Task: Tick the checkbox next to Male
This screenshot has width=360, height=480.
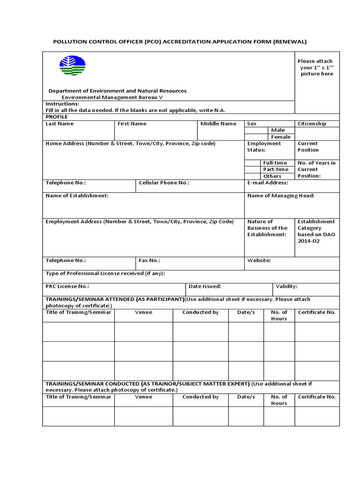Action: [257, 130]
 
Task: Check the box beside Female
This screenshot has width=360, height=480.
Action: [257, 137]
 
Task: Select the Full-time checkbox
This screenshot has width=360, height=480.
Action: [253, 163]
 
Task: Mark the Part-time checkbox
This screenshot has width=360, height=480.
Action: [253, 169]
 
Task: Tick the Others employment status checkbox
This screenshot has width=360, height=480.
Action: [253, 176]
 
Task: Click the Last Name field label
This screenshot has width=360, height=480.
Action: [60, 124]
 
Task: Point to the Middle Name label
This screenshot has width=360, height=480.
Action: [218, 124]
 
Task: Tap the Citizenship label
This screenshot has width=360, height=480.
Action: [312, 124]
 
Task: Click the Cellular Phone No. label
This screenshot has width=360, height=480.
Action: [164, 183]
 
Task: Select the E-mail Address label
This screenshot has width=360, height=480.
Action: [267, 183]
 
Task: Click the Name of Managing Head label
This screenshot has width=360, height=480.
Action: [281, 195]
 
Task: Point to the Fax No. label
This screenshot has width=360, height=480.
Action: [150, 260]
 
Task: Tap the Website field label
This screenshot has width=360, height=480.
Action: [259, 260]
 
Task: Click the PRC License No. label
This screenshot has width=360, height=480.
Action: [67, 286]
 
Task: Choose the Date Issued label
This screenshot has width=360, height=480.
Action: [205, 286]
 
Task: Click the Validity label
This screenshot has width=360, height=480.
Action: [286, 286]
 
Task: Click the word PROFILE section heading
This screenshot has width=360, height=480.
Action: [57, 117]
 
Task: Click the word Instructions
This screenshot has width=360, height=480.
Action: [62, 104]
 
